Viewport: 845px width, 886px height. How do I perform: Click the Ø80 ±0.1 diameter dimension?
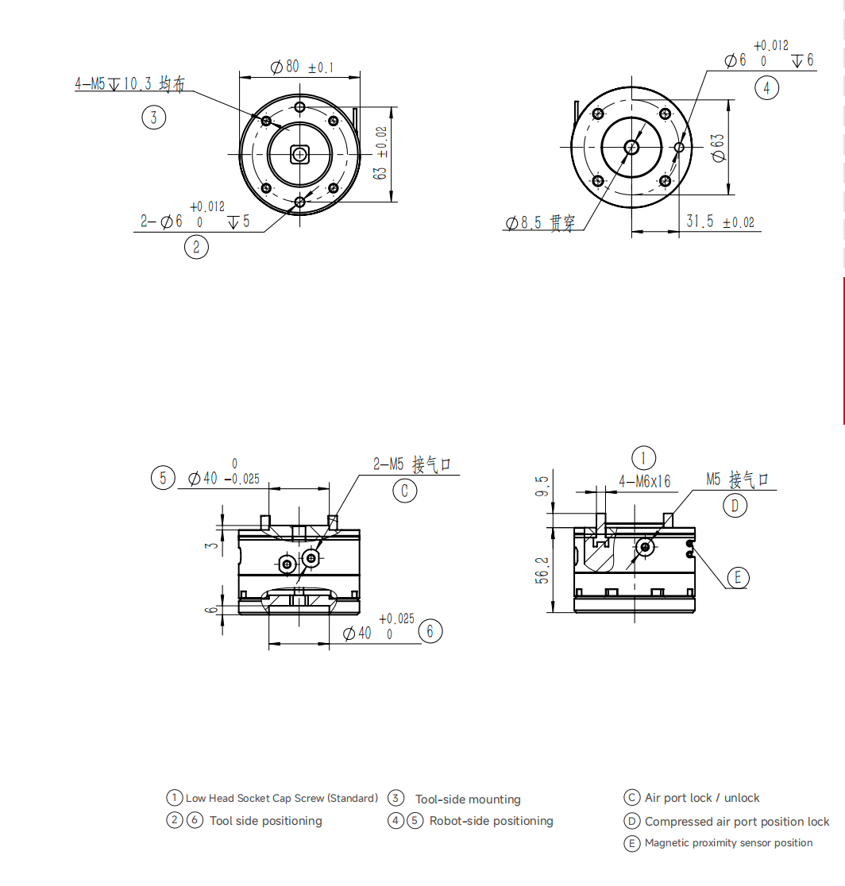tap(302, 67)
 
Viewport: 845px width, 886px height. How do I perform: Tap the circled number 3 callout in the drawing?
tap(154, 117)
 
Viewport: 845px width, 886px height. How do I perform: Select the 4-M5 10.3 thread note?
tap(129, 83)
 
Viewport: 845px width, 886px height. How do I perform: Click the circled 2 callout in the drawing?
tap(196, 247)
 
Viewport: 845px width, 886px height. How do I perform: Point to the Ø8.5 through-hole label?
tap(540, 222)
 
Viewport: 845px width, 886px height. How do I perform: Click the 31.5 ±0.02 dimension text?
tap(720, 221)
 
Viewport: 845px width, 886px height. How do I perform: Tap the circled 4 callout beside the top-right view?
tap(766, 87)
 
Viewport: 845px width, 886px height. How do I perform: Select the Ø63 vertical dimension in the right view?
tap(717, 148)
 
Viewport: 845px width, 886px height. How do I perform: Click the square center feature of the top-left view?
tap(299, 154)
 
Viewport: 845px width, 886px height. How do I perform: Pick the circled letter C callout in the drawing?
tap(405, 491)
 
